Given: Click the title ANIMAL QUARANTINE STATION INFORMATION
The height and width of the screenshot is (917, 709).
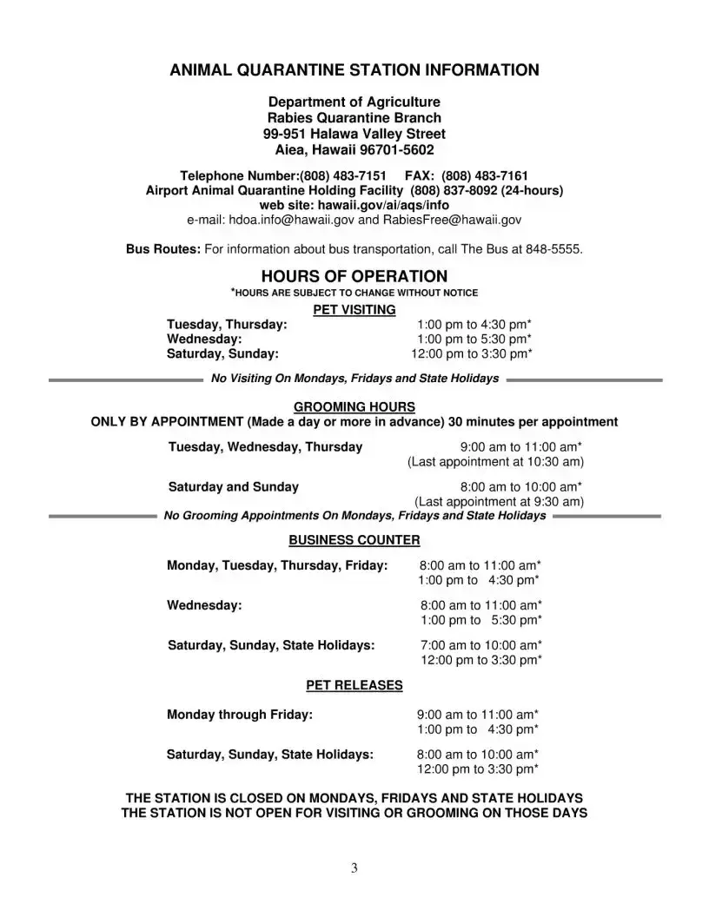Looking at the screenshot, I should click(x=354, y=70).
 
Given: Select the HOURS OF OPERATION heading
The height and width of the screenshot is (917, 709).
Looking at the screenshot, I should click(x=354, y=277).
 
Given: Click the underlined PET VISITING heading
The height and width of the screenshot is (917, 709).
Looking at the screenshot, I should click(x=354, y=309).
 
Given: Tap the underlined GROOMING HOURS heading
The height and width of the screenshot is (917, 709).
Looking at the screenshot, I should click(x=354, y=406).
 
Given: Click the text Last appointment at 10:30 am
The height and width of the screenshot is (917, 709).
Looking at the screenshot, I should click(x=495, y=461).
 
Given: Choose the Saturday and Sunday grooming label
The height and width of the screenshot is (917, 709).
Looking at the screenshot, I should click(x=233, y=486).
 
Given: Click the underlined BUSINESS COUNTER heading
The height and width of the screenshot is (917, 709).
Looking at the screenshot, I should click(x=354, y=540).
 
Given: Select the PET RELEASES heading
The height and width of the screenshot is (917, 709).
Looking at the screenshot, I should click(x=354, y=685).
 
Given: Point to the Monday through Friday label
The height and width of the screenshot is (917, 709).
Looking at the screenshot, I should click(x=240, y=715).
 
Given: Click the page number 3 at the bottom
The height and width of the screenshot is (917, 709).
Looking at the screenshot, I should click(x=354, y=868).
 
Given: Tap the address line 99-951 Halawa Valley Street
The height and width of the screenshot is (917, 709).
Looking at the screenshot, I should click(x=354, y=134).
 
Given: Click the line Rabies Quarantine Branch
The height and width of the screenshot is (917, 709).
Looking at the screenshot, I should click(x=354, y=118).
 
